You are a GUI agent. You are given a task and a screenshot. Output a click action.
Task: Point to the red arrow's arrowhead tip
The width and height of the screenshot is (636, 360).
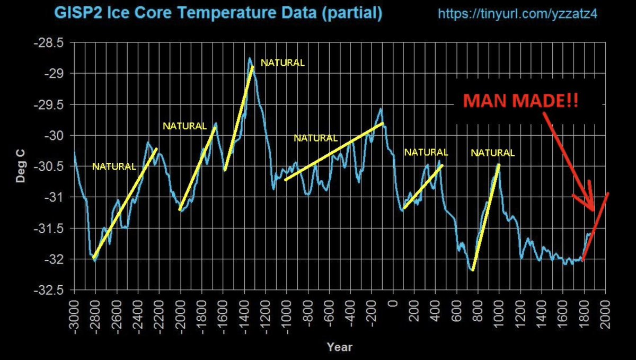593,210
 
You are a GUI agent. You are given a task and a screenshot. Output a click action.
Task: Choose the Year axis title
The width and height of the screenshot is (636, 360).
339,347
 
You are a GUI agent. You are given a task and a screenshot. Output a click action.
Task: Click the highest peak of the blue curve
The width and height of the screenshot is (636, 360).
249,58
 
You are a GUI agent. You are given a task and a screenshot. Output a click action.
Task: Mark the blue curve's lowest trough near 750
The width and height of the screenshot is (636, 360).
472,270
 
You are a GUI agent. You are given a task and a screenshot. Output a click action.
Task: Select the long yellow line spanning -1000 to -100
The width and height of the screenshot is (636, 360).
334,151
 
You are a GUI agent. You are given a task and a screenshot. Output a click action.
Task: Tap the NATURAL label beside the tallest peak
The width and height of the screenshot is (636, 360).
283,63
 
